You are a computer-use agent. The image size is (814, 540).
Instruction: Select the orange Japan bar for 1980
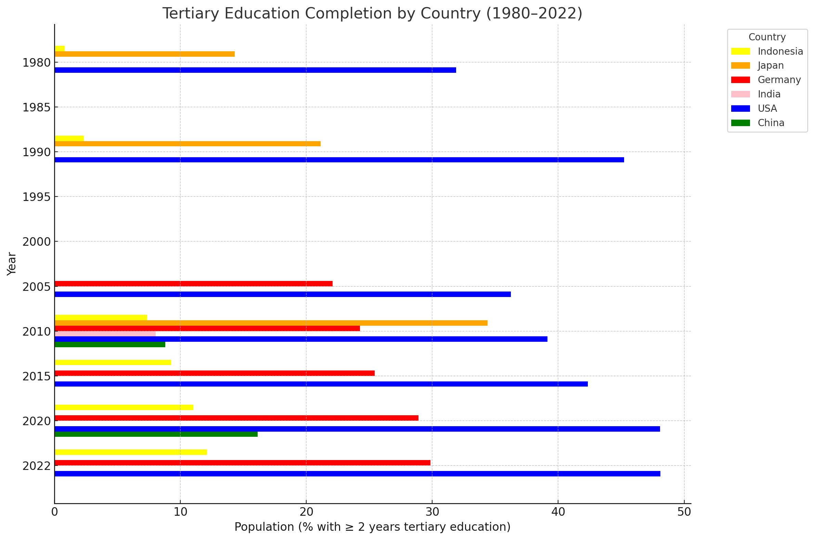pos(144,54)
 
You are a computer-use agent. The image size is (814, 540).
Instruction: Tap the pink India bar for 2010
pos(105,334)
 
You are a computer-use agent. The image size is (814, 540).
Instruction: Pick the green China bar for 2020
pos(156,434)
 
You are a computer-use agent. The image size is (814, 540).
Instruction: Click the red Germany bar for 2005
pos(193,284)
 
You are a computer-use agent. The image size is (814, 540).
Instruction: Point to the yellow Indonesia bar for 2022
pos(131,452)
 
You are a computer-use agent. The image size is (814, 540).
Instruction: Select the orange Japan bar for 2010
pos(271,323)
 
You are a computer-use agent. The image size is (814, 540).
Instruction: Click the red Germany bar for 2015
pos(215,373)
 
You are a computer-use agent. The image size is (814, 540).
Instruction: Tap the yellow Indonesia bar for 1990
pos(69,138)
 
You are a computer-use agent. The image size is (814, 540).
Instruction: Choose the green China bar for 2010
pos(109,345)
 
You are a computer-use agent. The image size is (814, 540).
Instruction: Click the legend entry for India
pos(769,94)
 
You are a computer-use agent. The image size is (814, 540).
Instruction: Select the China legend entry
pos(771,123)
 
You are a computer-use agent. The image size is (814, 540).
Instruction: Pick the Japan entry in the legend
pos(771,65)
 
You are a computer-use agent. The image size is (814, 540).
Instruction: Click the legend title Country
pos(767,37)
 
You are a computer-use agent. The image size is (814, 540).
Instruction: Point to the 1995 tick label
pos(36,197)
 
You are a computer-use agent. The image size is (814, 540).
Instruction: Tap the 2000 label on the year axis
pos(36,242)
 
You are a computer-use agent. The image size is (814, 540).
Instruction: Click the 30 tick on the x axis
pos(432,512)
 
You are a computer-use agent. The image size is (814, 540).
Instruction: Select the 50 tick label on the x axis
pos(684,512)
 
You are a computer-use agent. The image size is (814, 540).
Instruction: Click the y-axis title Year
pos(12,264)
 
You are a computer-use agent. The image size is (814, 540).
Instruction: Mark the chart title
pos(372,14)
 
